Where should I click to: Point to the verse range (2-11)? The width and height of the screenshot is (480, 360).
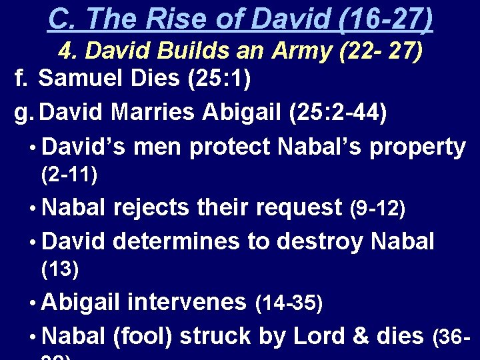pos(69,175)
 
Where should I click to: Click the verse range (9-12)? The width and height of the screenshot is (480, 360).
pos(377,209)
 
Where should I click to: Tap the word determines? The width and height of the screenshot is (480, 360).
pos(177,240)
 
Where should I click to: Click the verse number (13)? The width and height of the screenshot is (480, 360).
pos(60,270)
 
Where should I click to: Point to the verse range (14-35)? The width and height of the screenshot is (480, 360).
pos(289,303)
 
